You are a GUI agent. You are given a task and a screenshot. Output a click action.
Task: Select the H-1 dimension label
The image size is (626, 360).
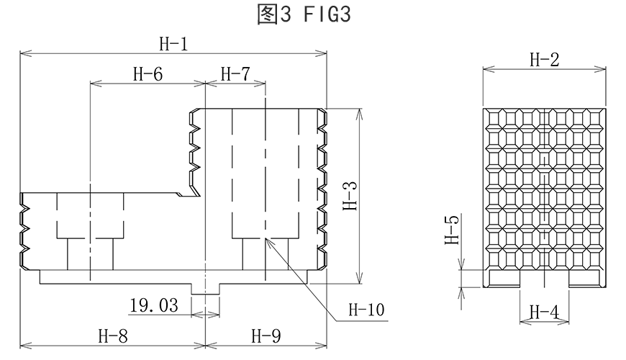coord(173,45)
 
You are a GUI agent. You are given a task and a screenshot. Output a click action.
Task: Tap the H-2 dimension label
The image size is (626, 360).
coord(544,60)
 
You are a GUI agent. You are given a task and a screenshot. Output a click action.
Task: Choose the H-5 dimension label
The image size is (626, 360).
coord(452,230)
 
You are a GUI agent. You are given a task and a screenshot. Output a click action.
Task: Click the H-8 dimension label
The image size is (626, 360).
coord(113,335)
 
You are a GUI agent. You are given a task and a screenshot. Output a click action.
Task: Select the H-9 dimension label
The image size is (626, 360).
coord(266,335)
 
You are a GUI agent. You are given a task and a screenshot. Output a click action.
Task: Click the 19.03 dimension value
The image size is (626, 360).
coord(154,306)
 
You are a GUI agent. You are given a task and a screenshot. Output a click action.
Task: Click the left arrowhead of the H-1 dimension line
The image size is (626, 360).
coord(24,53)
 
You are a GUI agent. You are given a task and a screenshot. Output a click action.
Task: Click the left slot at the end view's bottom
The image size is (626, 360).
coord(504,279)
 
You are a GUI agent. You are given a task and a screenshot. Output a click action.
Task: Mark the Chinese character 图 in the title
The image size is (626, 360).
coord(266,15)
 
